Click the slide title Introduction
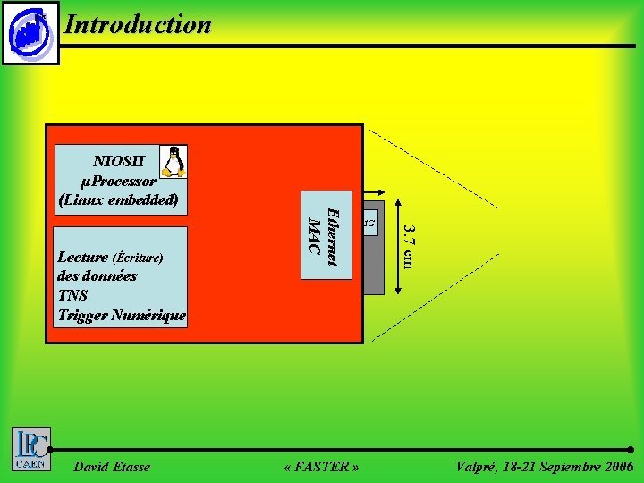pos(138,24)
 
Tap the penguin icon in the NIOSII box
pos(174,161)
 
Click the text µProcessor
pos(118,181)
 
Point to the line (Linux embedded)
pos(118,199)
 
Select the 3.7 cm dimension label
pos(408,246)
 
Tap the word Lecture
pos(82,257)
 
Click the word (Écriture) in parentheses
pos(137,258)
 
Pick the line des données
pos(97,275)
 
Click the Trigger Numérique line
pos(122,315)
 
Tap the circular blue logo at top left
pos(30,33)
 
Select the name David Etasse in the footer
pos(112,467)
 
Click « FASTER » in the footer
pos(321,467)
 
